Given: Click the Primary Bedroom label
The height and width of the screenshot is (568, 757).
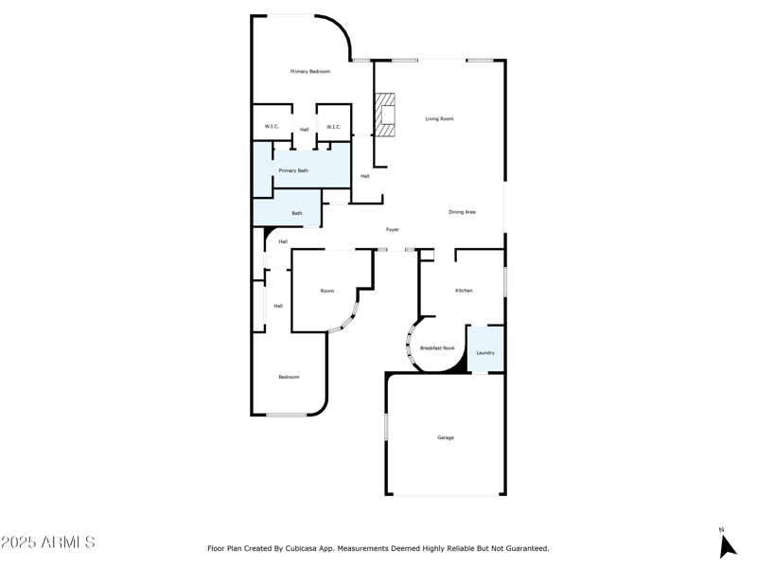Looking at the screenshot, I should coord(310,72).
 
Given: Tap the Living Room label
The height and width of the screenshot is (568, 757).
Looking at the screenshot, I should coord(439,119).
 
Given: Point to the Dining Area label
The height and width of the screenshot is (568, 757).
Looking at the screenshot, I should coord(462,212).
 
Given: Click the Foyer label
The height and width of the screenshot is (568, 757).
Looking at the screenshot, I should coord(392,230).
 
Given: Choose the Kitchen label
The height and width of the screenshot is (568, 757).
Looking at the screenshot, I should coord(464,291).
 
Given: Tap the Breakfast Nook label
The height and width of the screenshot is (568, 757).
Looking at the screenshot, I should coord(437,348).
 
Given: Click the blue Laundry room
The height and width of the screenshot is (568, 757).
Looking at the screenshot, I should coord(485,349).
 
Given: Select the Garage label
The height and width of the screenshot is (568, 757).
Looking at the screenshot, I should coord(446,437).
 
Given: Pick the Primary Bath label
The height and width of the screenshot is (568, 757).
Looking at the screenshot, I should coord(293,171).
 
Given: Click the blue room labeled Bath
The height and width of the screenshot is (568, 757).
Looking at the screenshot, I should coord(296,213).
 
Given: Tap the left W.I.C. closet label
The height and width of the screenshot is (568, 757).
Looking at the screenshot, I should coord(272,127).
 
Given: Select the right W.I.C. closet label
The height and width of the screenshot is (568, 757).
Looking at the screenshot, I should coord(333,127).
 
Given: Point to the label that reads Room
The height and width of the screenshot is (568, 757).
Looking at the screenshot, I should coord(327,291).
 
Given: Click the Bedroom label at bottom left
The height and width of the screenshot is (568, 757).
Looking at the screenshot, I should coord(289,377).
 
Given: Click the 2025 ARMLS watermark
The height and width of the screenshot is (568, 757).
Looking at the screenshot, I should coord(48,542).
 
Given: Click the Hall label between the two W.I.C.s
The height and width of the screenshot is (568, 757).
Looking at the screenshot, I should coord(304,130).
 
